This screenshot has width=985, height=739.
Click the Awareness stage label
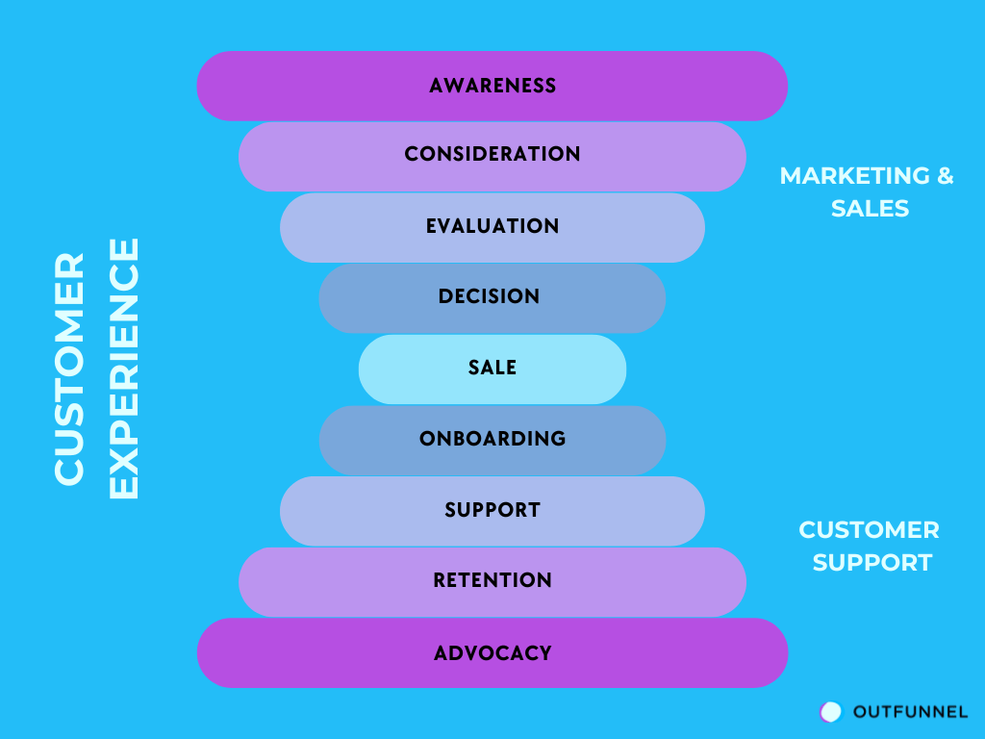click(492, 86)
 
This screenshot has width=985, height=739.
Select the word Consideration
click(492, 154)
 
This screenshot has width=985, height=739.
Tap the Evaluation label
click(492, 226)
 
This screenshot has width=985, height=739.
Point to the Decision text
click(489, 296)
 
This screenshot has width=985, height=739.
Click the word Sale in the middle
click(492, 368)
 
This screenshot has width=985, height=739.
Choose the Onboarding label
click(492, 439)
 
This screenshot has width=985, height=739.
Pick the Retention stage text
click(492, 580)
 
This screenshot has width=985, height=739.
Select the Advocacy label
click(492, 653)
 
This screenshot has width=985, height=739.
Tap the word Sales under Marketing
click(871, 208)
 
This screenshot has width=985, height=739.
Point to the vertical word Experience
click(124, 369)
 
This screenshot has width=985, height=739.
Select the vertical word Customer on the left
click(70, 369)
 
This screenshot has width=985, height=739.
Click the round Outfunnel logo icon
click(830, 711)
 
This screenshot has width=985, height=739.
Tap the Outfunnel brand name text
click(910, 712)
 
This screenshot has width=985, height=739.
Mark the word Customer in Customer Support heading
click(869, 530)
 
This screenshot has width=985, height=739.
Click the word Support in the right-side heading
click(872, 562)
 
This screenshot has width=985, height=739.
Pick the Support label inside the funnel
click(492, 510)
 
